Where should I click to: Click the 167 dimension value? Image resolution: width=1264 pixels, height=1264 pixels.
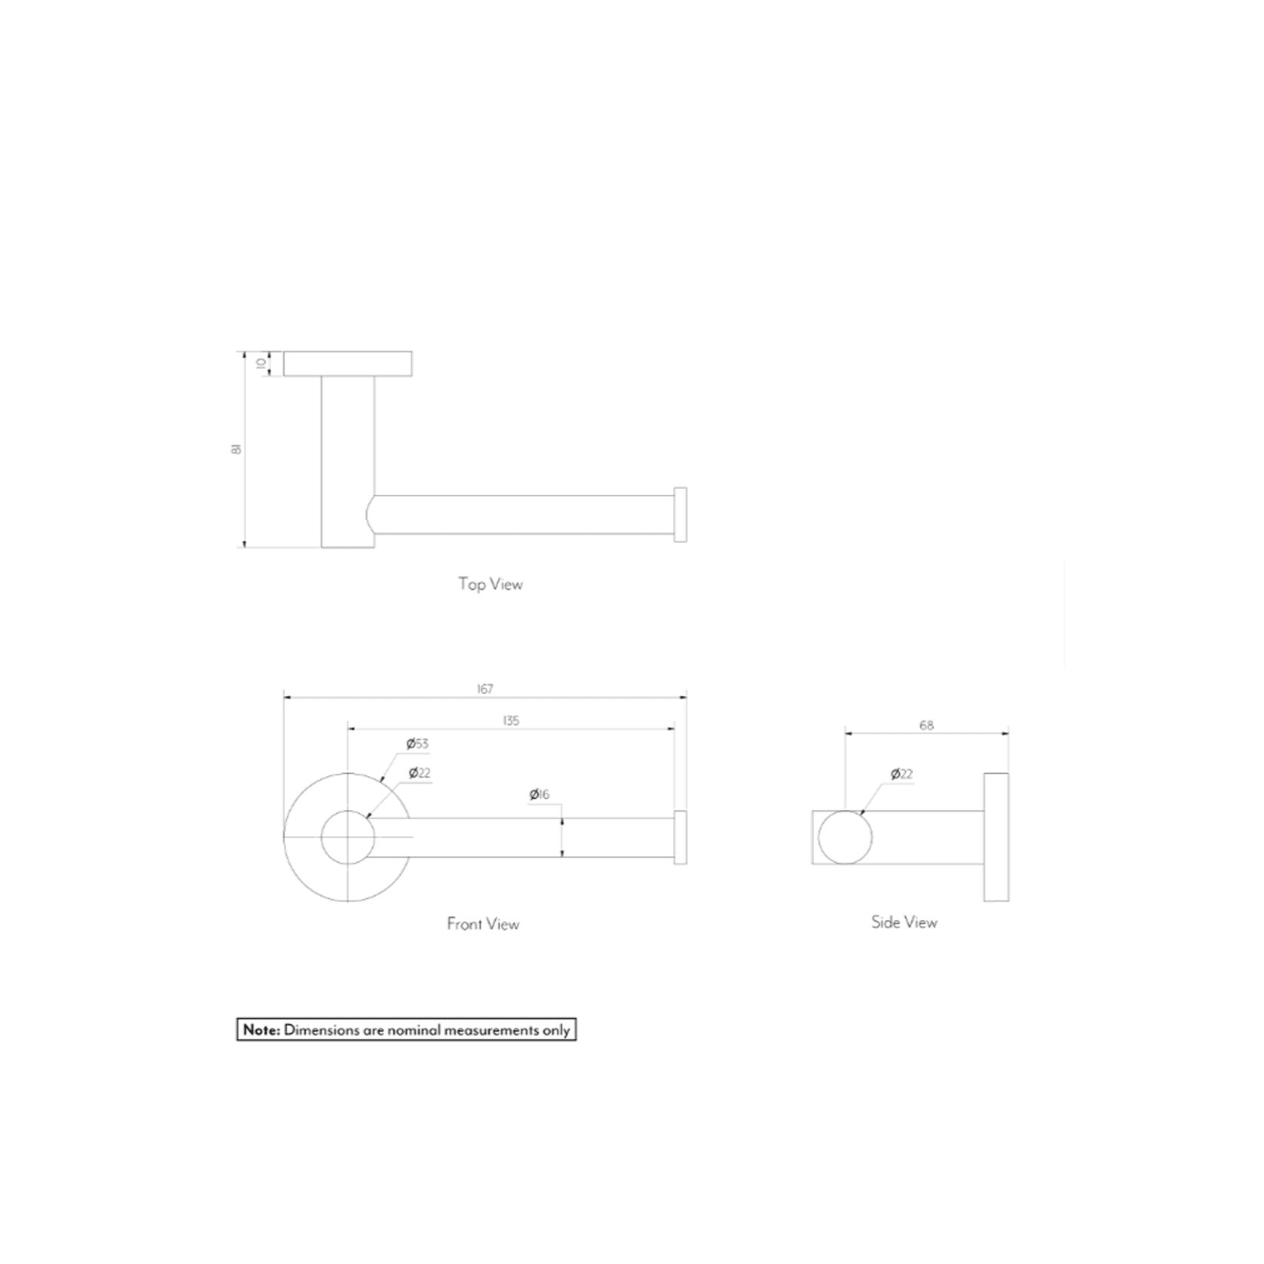tap(485, 689)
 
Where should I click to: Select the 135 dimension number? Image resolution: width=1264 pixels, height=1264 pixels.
tap(511, 720)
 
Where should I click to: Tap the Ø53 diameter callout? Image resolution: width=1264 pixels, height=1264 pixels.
tap(417, 744)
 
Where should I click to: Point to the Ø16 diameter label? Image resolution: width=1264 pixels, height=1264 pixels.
tap(539, 794)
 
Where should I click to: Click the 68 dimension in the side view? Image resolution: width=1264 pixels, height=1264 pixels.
tap(926, 725)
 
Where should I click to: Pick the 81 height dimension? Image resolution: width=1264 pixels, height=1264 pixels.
tap(237, 449)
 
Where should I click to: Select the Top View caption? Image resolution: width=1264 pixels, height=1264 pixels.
tap(490, 584)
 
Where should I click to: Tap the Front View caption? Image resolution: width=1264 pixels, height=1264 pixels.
tap(483, 924)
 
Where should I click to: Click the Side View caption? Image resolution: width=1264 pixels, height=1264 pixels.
tap(904, 922)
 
